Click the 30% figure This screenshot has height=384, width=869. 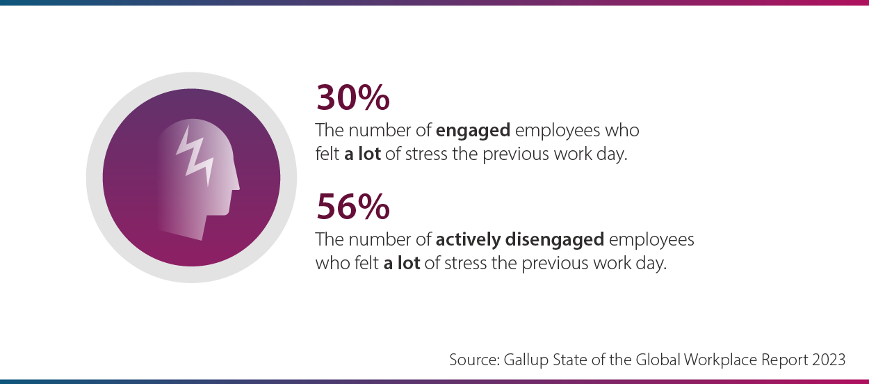pyautogui.click(x=352, y=97)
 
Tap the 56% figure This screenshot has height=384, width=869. pyautogui.click(x=352, y=207)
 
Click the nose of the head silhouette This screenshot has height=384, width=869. pyautogui.click(x=236, y=184)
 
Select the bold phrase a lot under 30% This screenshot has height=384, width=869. pyautogui.click(x=362, y=154)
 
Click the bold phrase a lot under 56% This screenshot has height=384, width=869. pyautogui.click(x=401, y=264)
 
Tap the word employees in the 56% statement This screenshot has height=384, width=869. pyautogui.click(x=651, y=240)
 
